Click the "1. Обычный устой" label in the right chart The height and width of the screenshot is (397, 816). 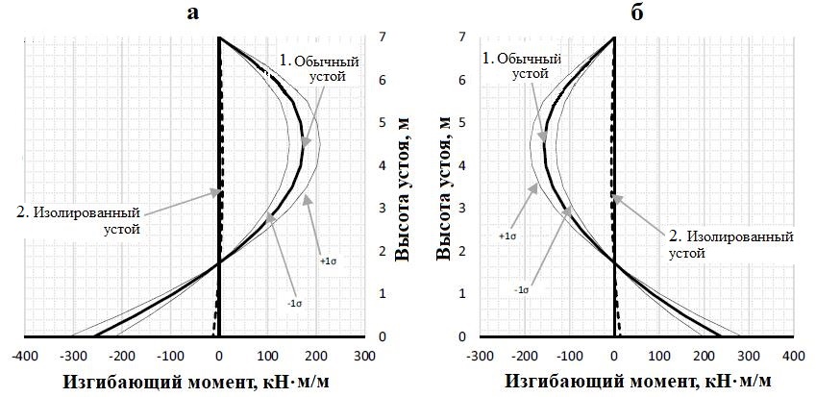516,65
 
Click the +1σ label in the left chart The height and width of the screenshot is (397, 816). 327,260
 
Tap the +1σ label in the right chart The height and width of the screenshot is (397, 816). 507,235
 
